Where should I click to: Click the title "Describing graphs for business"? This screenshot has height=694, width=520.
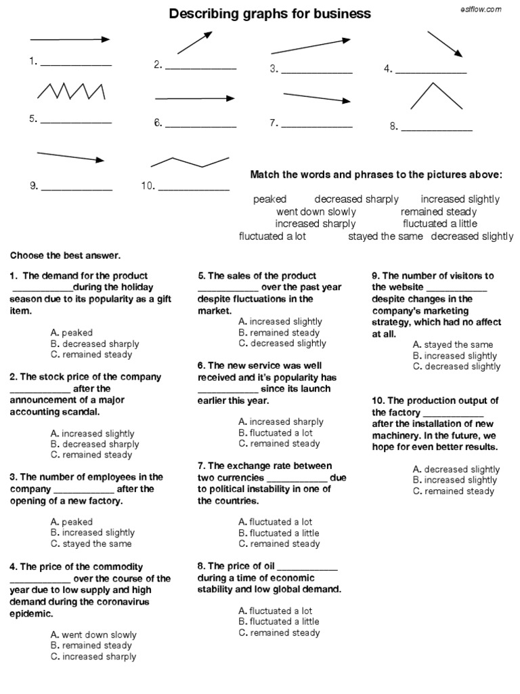pyautogui.click(x=269, y=14)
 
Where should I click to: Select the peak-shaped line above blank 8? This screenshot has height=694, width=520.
pyautogui.click(x=437, y=96)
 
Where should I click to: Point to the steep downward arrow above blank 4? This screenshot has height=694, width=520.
pyautogui.click(x=444, y=44)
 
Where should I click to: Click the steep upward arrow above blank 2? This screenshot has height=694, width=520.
pyautogui.click(x=194, y=42)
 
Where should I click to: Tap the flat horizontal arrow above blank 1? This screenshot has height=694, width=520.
pyautogui.click(x=70, y=39)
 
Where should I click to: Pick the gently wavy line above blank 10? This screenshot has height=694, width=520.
pyautogui.click(x=190, y=162)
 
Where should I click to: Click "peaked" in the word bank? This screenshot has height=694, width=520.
pyautogui.click(x=270, y=199)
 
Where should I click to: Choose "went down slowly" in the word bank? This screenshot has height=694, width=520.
pyautogui.click(x=316, y=211)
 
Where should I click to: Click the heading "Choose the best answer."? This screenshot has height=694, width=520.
pyautogui.click(x=65, y=256)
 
